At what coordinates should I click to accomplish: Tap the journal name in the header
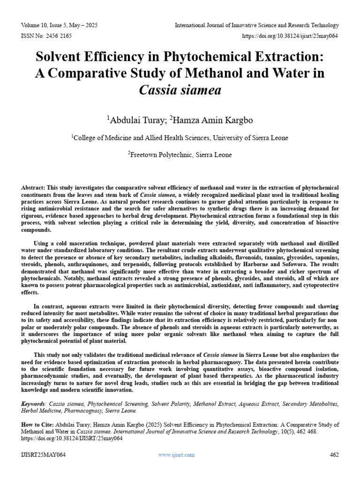257,25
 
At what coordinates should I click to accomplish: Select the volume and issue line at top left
60,25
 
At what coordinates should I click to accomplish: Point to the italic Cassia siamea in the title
180,90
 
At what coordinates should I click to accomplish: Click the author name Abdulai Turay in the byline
136,120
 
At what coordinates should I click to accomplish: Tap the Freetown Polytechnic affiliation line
180,154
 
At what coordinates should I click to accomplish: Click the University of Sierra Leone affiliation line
180,137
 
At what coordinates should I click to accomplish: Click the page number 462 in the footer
334,455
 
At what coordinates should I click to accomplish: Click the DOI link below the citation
72,439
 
